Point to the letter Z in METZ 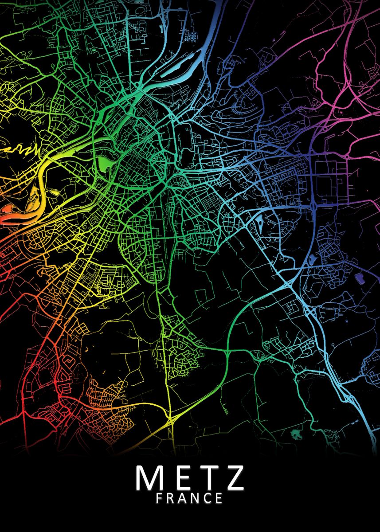coord(233,477)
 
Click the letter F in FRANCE coord(160,498)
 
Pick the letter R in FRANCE coord(171,498)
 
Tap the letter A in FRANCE coord(183,498)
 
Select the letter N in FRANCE coord(196,498)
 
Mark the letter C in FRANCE coord(207,498)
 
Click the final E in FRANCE coord(218,498)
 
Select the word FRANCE coord(189,498)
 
